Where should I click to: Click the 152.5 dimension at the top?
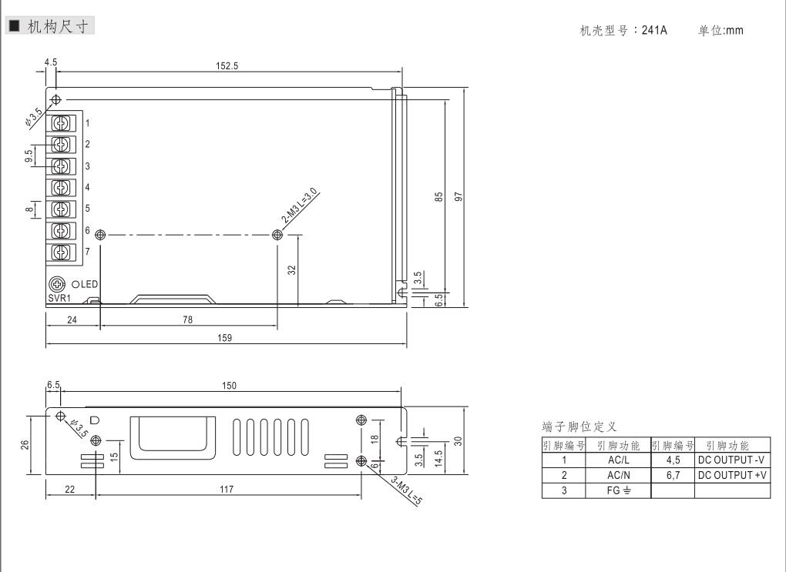pyautogui.click(x=227, y=65)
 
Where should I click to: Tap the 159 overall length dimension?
pyautogui.click(x=224, y=338)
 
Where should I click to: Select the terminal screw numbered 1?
pyautogui.click(x=61, y=122)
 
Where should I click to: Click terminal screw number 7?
pyautogui.click(x=61, y=252)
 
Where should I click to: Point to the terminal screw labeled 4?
pyautogui.click(x=61, y=187)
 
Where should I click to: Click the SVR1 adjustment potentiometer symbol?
pyautogui.click(x=57, y=285)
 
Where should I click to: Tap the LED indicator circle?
pyautogui.click(x=76, y=285)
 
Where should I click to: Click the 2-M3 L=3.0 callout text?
pyautogui.click(x=299, y=206)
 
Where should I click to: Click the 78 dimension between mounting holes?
pyautogui.click(x=187, y=319)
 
